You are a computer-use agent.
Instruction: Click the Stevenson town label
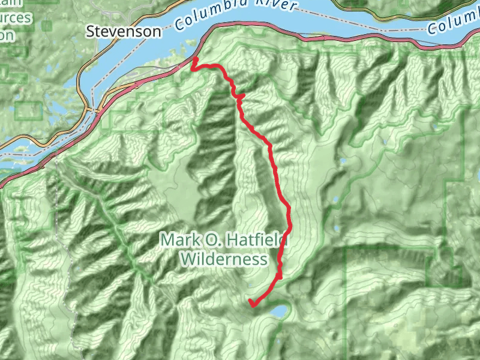coord(124,31)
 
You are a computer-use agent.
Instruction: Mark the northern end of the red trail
coord(194,59)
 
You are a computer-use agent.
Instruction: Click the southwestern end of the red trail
coord(251,302)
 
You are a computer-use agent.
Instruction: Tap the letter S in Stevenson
coord(91,31)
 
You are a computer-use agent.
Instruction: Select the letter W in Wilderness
coord(186,259)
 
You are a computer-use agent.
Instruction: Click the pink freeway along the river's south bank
coord(360,40)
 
